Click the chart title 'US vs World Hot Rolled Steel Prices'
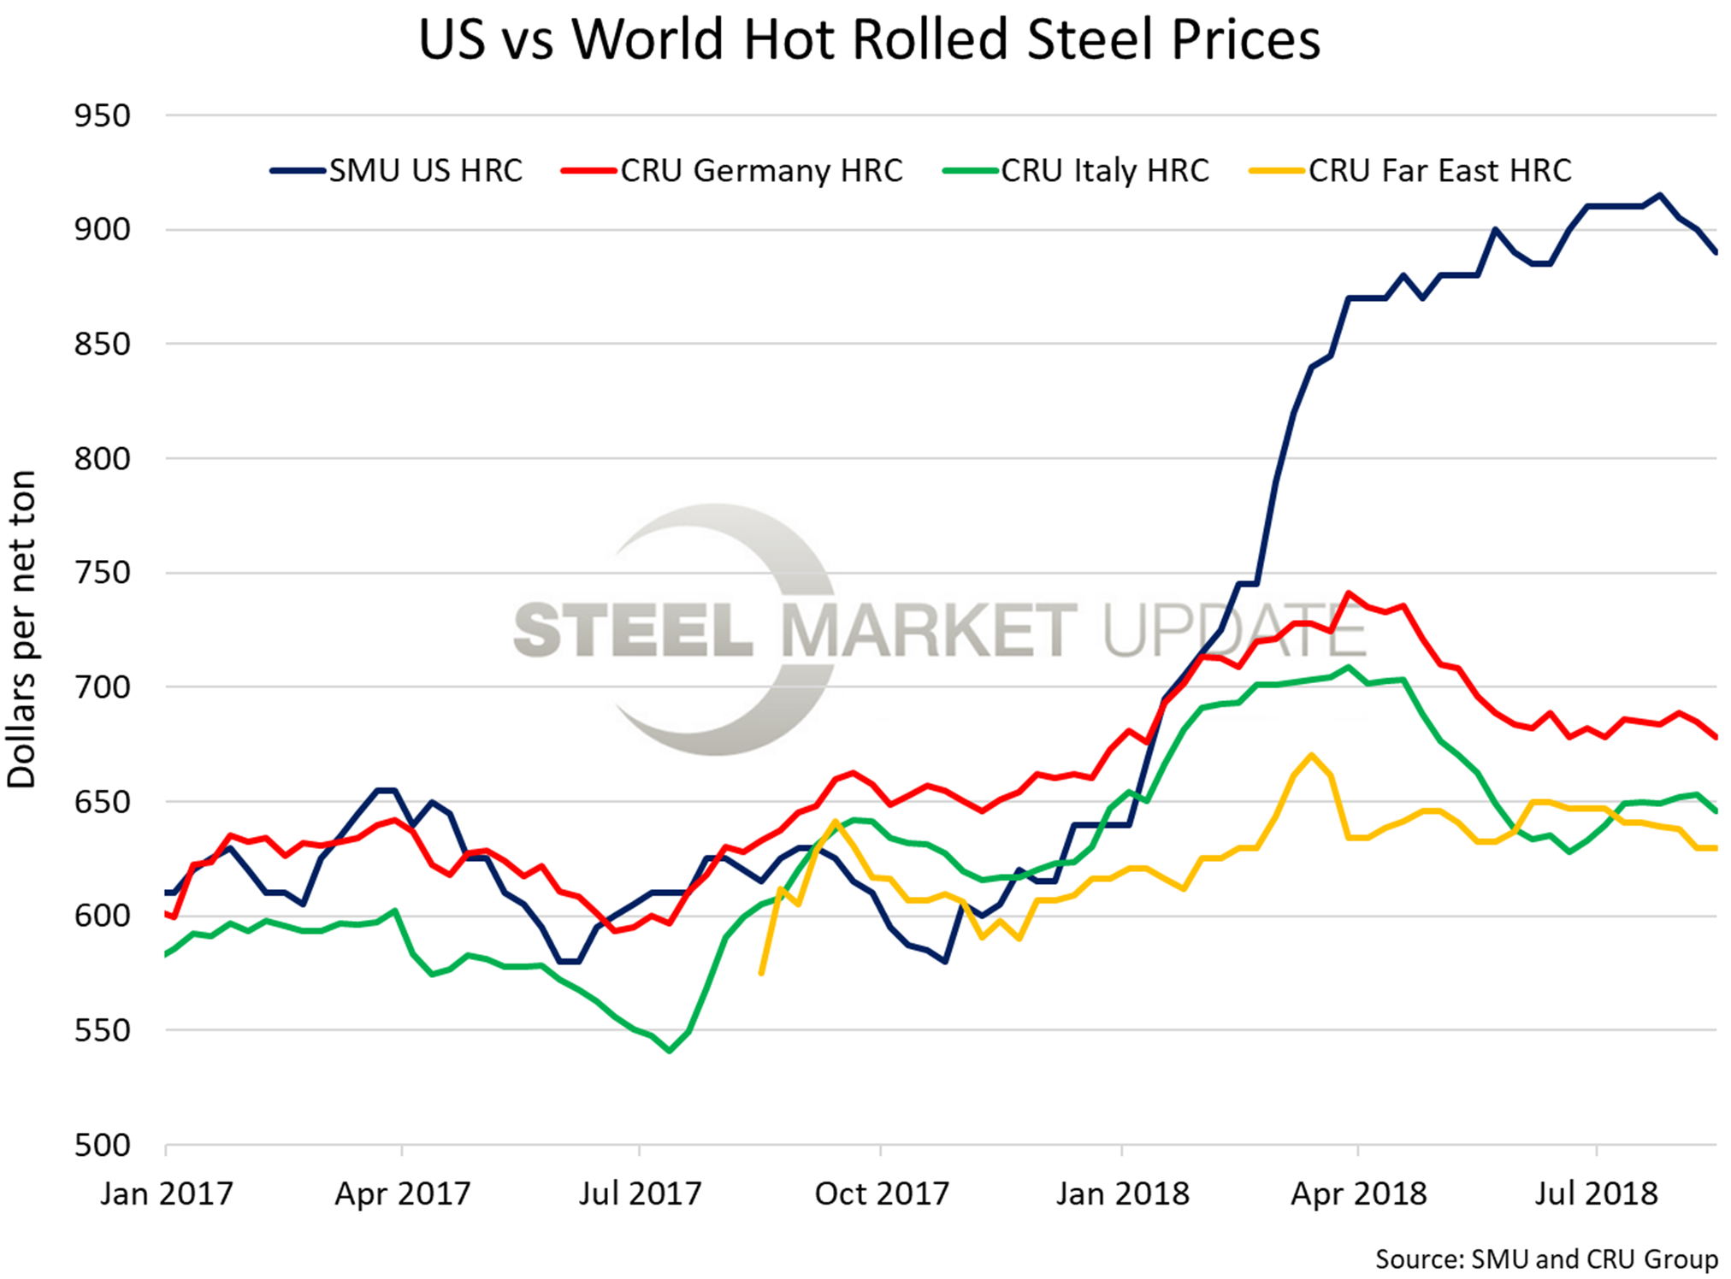(869, 40)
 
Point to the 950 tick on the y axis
(103, 115)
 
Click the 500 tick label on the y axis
(103, 1145)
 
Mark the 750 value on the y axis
(103, 573)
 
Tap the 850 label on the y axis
(103, 345)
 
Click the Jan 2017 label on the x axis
(166, 1194)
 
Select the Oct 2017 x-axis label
(881, 1194)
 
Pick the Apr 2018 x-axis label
(1358, 1194)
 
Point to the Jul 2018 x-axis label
(1596, 1194)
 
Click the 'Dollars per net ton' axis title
(22, 628)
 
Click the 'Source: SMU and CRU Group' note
(1546, 1259)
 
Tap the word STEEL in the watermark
(633, 630)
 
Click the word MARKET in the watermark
(929, 630)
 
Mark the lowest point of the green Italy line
(669, 1051)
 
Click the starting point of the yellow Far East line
(761, 973)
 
